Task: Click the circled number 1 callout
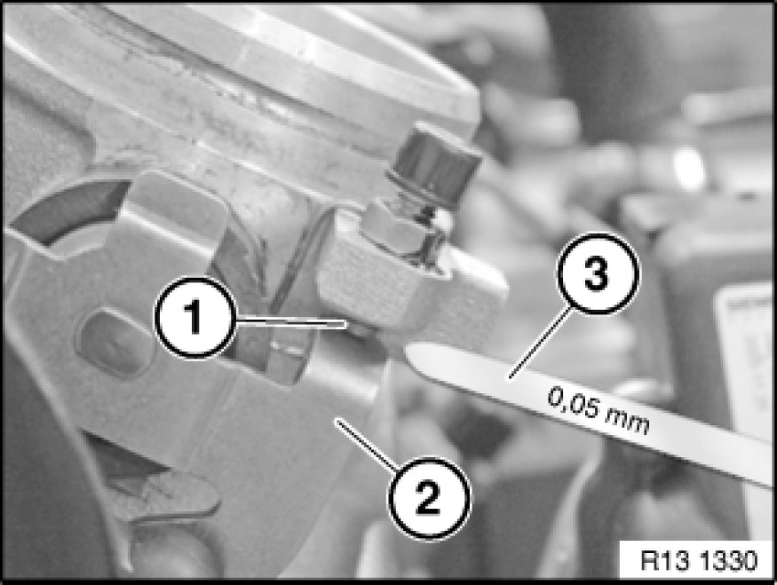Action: coord(194,317)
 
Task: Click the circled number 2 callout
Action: coord(429,497)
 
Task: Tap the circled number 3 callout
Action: coord(598,273)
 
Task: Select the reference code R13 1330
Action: coord(699,561)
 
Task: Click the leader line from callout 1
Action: coord(290,322)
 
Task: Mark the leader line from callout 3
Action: coord(540,343)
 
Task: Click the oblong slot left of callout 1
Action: coord(113,344)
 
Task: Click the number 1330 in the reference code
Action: coord(728,561)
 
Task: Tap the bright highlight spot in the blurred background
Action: coord(689,163)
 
